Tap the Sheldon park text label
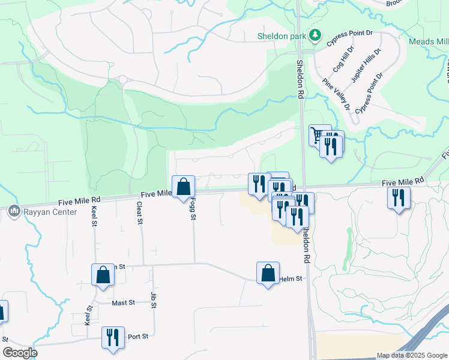[282, 36]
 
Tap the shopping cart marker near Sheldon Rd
[319, 134]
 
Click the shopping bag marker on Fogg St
[184, 186]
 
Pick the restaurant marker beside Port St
[113, 337]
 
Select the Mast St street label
[123, 303]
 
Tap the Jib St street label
[154, 301]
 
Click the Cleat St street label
[139, 213]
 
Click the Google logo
[20, 353]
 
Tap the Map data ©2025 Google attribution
[411, 355]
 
